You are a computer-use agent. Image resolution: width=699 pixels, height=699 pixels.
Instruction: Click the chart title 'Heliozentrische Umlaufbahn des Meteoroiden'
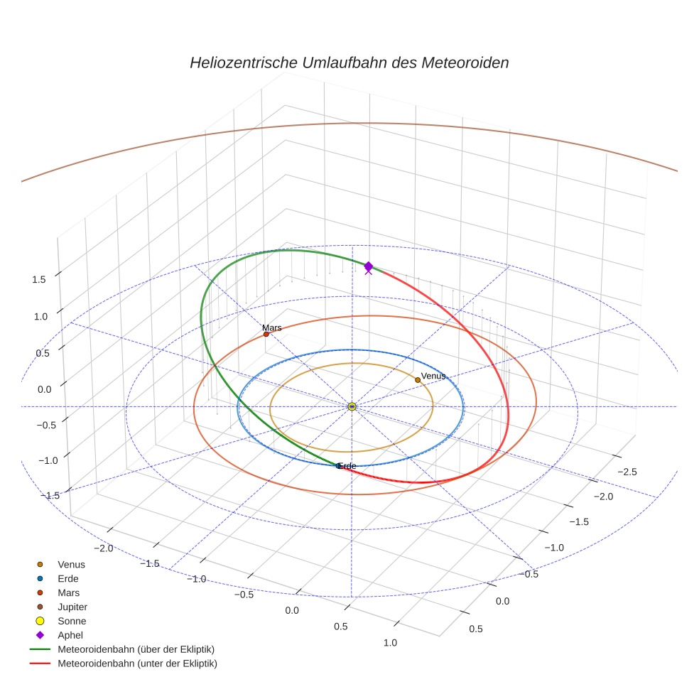349,63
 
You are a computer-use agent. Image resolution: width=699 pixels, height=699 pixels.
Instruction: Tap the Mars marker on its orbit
266,334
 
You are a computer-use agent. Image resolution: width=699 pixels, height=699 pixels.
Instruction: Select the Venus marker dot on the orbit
418,380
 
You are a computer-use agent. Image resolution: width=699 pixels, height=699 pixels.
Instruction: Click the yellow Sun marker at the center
352,406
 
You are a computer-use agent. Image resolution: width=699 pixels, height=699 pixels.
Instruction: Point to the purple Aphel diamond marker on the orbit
368,266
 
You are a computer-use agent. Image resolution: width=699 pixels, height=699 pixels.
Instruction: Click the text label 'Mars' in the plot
272,327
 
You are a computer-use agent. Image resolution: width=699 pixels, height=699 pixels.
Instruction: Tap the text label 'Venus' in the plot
433,376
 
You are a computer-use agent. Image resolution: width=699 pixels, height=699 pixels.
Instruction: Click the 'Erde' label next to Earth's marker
347,466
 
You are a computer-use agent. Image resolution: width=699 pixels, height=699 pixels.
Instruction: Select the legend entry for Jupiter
72,607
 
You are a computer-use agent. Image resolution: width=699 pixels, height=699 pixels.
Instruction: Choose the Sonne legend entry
72,621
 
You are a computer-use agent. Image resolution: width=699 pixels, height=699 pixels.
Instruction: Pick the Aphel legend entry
71,635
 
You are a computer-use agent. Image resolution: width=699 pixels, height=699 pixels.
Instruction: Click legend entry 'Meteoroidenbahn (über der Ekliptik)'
136,649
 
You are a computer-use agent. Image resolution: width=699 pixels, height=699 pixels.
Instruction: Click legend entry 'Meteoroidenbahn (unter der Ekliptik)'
137,663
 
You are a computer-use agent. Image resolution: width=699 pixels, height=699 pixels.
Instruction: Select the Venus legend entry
71,564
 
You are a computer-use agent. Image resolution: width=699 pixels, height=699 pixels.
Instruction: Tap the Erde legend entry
68,578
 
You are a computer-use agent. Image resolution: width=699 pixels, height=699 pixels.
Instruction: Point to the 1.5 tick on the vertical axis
38,279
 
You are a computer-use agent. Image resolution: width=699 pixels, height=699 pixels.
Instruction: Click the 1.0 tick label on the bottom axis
390,642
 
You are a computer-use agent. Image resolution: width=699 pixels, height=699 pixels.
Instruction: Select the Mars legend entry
69,592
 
